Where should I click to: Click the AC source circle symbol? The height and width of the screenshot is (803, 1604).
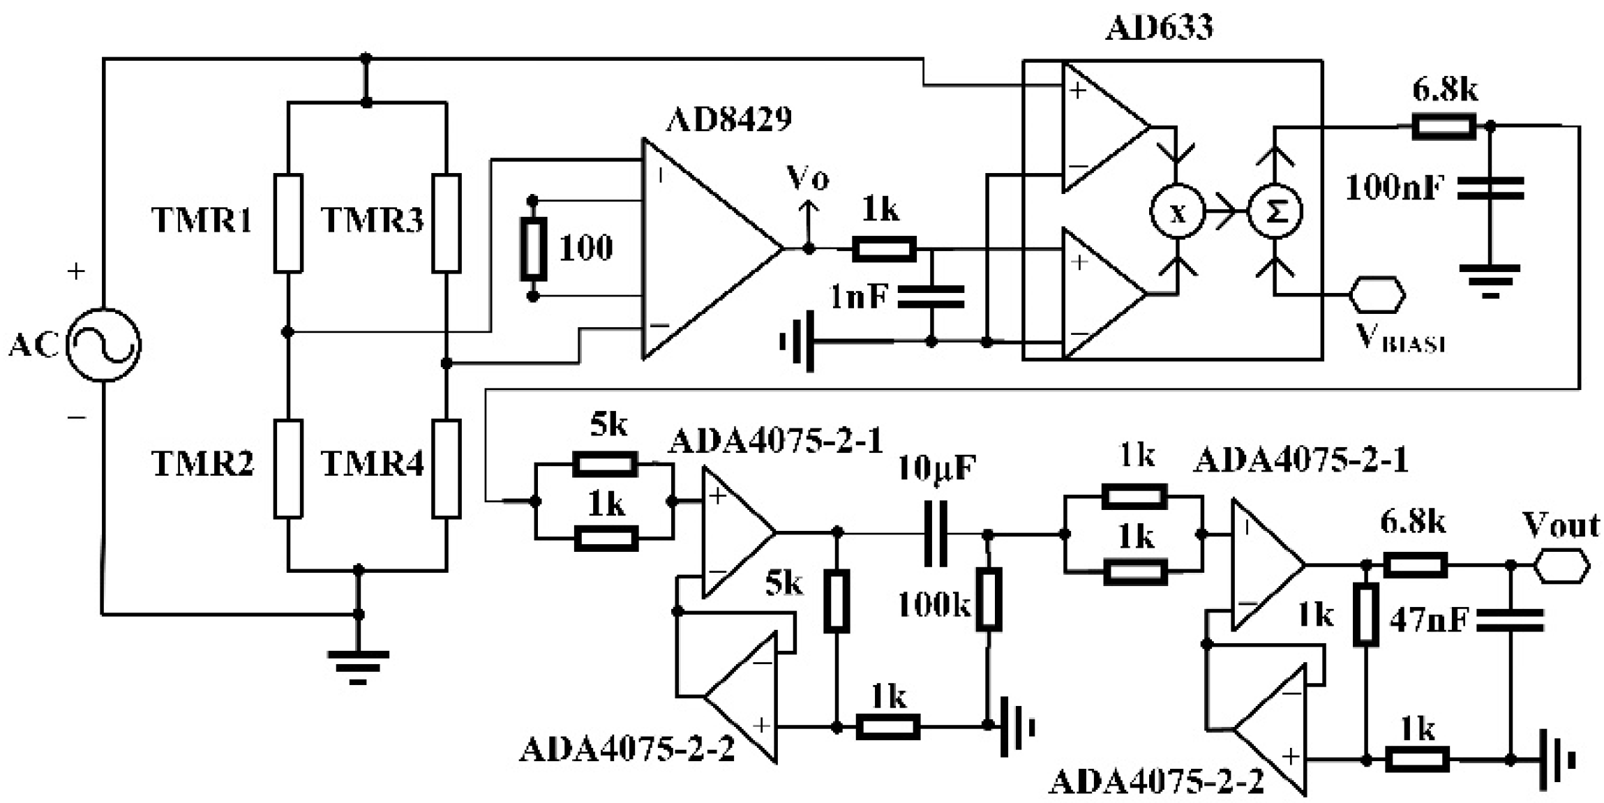103,345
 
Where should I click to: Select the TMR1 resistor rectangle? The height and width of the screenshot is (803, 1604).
287,223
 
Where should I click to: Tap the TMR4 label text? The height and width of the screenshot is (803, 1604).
372,463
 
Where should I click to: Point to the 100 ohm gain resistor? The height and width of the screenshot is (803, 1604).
533,248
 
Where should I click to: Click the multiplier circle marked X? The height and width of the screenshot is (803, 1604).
1177,211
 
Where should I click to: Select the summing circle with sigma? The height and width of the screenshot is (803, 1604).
1275,211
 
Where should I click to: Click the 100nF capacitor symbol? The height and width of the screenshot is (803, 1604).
1490,188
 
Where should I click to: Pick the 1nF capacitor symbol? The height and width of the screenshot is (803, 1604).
931,297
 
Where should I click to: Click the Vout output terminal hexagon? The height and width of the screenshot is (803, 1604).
1561,565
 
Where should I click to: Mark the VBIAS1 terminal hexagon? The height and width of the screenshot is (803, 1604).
1377,294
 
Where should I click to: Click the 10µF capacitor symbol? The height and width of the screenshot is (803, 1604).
936,533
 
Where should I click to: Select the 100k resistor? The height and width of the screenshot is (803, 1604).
988,599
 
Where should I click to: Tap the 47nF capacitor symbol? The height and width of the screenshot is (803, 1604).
1510,620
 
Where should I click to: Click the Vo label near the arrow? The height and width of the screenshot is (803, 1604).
807,178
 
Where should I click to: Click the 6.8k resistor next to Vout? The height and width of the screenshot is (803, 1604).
1415,564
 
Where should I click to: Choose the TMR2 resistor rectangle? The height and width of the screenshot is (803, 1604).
287,468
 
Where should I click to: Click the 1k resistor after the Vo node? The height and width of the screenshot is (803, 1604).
884,248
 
